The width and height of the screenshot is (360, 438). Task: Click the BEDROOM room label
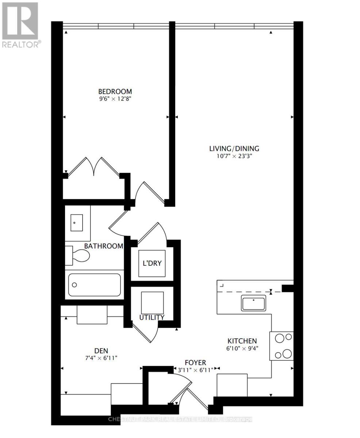pos(115,91)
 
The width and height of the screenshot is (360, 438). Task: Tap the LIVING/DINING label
pos(234,149)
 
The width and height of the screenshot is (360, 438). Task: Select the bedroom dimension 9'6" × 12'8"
pos(115,99)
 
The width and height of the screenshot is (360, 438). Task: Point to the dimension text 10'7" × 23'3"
pos(234,156)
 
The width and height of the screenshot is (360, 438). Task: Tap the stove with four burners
pos(282,346)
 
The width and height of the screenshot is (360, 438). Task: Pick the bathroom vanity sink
pos(77,223)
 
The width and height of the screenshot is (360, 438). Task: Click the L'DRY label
pos(152,263)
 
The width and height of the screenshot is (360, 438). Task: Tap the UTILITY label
pos(152,317)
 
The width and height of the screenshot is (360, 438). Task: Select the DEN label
pos(101,351)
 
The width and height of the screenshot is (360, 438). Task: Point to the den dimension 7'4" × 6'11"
pos(101,358)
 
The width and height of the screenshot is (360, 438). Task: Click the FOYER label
pos(195,363)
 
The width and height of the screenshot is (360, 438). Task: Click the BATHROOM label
pos(104,246)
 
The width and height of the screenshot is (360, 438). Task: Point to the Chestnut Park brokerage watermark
pos(180,419)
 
